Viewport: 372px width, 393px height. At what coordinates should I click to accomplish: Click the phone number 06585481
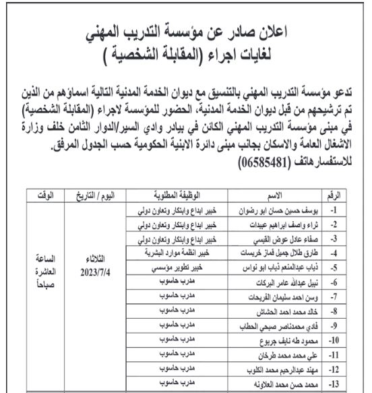pos(272,164)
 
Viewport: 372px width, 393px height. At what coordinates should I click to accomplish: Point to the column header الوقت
pos(45,195)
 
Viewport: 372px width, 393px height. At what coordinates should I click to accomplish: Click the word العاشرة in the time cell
pos(45,272)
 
